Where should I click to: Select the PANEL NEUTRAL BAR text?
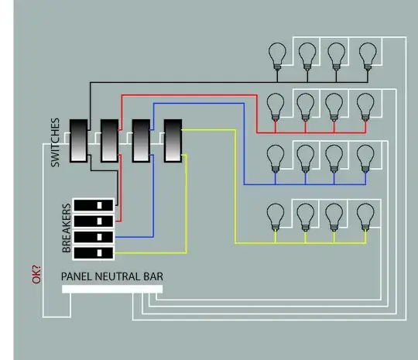coord(112,276)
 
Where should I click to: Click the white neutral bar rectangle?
coord(112,289)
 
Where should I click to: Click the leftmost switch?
coord(79,140)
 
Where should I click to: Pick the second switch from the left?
coord(109,140)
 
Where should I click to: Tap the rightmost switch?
coord(172,140)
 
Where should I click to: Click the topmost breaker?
coord(94,204)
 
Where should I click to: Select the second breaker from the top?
coord(94,221)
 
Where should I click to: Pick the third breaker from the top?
coord(94,237)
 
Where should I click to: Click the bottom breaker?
coord(94,253)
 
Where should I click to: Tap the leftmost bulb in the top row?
coord(276,56)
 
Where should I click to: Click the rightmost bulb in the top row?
coord(366,56)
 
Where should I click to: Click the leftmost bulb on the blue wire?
coord(274,158)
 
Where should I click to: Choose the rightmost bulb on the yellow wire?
coord(365,214)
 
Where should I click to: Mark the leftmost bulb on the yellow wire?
coord(274,214)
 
